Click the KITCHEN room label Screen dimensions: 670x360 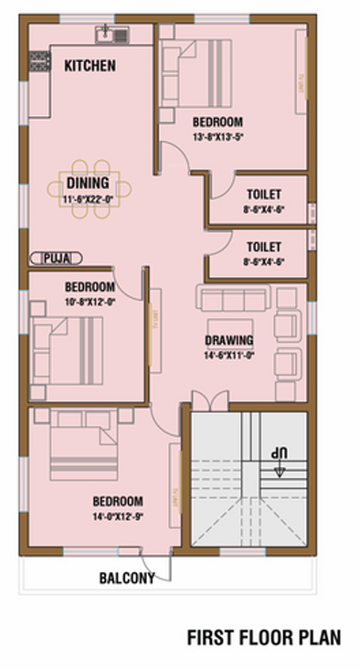[90, 66]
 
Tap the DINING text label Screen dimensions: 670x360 [88, 183]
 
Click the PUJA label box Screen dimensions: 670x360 [56, 259]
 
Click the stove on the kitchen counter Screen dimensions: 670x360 [38, 62]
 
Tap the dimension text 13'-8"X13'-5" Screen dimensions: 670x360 [217, 136]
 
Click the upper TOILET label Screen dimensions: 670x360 [263, 194]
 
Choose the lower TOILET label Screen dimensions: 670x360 [263, 247]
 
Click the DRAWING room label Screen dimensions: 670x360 [228, 341]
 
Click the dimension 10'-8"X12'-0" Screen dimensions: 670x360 [90, 300]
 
